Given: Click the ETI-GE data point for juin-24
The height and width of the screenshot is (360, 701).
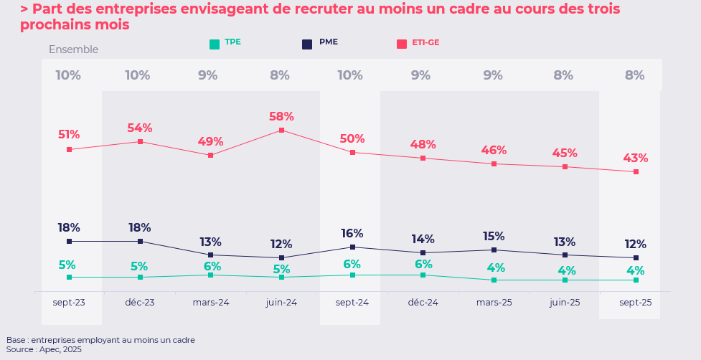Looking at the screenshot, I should pos(281,131).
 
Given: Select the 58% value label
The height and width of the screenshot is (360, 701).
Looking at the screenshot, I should pos(281,116).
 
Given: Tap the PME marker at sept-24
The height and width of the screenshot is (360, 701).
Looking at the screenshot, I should pos(352,247).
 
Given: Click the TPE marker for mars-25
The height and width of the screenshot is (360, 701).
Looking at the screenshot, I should pos(494,280).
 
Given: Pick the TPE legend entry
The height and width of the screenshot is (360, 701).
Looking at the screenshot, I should pos(225,43).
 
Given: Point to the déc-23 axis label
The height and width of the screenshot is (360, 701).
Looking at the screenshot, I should pos(139,303).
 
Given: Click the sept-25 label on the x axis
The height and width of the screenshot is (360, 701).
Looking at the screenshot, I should pos(635,303).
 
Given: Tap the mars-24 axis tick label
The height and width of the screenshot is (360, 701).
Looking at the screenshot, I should pos(211,303).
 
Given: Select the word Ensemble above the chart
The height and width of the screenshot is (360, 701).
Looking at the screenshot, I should pos(73,49).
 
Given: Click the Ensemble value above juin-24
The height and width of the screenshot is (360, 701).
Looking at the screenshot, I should pos(280,75).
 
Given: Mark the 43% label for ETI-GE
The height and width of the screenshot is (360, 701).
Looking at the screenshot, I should pos(635,158).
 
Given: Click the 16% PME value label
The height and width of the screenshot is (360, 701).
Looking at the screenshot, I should pos(352,233).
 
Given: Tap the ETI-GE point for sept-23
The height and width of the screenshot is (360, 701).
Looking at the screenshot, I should pos(69,150).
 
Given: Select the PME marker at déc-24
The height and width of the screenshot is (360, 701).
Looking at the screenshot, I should pos(423,252).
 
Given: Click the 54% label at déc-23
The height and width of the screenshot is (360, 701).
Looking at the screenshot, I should pos(139,128).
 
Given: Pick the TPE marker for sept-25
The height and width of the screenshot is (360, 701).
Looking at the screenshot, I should pos(636,280).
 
